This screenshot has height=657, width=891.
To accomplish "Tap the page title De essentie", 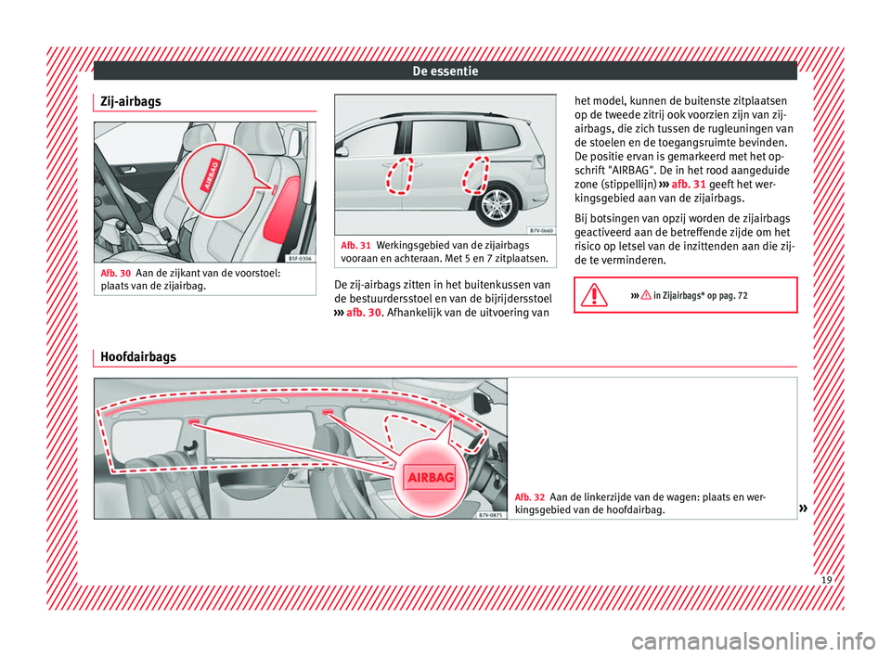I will click(445, 70).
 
